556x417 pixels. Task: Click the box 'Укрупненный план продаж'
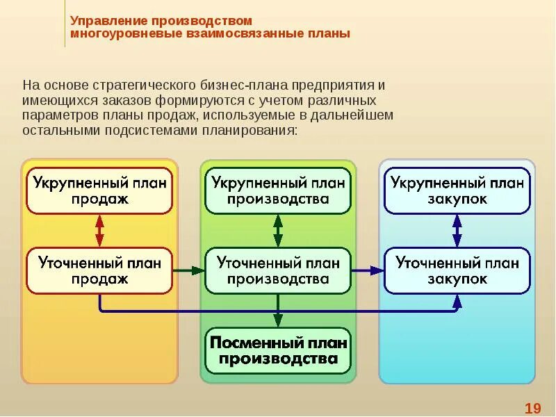click(x=99, y=190)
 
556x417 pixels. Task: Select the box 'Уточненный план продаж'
click(x=99, y=270)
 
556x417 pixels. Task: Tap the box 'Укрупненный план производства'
click(x=278, y=190)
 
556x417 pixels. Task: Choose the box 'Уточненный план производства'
click(x=278, y=270)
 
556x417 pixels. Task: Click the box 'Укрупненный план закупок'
click(x=457, y=190)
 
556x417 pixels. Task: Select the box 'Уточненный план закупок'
click(x=457, y=270)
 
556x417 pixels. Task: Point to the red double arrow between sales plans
click(x=99, y=230)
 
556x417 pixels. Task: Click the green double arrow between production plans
click(x=278, y=230)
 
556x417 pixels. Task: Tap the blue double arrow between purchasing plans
click(x=457, y=230)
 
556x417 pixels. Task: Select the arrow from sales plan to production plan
click(x=188, y=270)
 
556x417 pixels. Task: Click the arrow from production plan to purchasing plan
click(x=367, y=270)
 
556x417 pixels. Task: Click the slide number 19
click(x=532, y=407)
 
